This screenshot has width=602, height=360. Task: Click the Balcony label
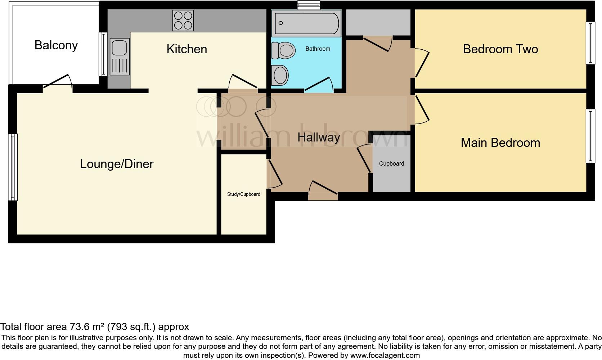point(56,45)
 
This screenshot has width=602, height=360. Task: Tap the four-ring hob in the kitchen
point(183,21)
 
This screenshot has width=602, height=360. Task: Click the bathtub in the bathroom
point(306,23)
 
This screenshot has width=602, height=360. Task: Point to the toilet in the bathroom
point(283,50)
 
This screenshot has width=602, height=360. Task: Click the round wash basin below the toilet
point(280,75)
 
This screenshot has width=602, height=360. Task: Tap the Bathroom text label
point(318,49)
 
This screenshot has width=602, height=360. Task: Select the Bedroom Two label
point(500,49)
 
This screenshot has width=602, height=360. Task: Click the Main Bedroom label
point(500,143)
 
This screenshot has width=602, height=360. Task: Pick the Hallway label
point(319,137)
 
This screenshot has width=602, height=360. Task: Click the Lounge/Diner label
point(117,164)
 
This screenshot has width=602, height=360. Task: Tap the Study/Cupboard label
point(243,194)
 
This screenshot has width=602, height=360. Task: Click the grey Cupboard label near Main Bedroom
point(391,163)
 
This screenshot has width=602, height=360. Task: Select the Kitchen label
point(187,49)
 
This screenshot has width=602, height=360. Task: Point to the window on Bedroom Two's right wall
point(590,43)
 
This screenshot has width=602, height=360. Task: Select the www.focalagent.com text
point(385,355)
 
